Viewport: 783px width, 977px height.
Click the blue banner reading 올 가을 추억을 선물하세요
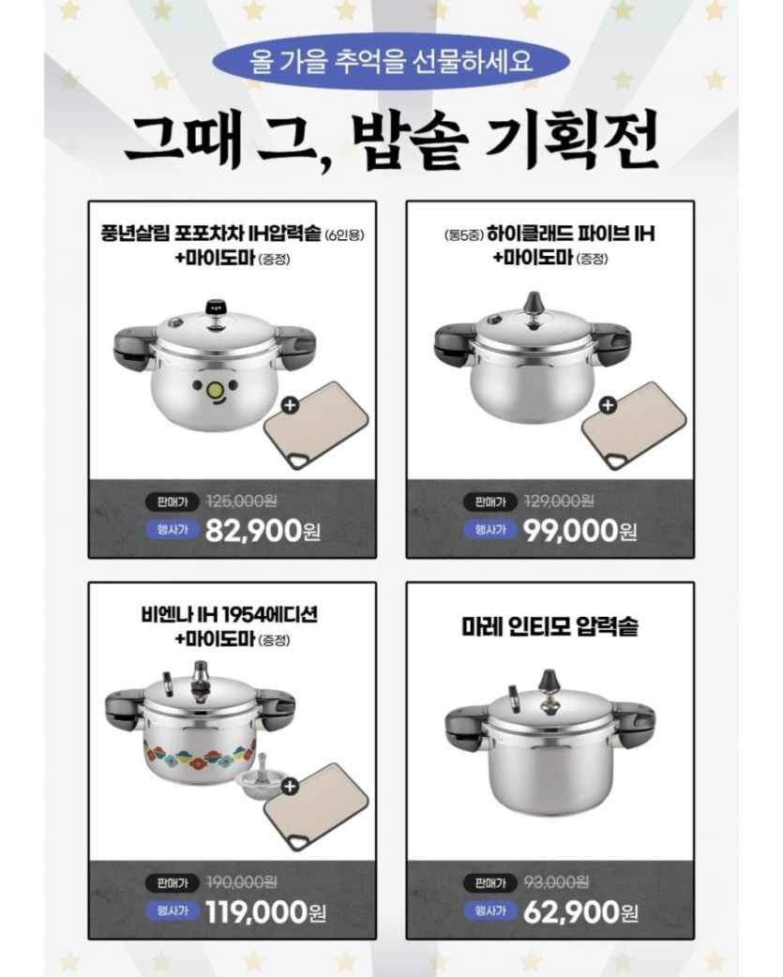coord(391,62)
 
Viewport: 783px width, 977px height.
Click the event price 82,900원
coord(263,531)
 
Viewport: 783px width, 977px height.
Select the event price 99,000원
coord(580,531)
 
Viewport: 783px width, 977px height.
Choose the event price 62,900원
coord(580,912)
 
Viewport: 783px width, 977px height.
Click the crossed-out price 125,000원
coord(241,501)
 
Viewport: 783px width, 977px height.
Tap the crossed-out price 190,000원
coord(241,882)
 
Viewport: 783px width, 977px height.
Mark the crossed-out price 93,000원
coord(556,882)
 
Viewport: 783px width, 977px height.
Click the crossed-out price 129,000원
coord(559,501)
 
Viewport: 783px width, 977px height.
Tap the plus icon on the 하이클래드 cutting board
coord(608,405)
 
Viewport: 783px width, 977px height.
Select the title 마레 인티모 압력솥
coord(550,626)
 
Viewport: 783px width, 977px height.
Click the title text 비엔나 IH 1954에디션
coord(229,615)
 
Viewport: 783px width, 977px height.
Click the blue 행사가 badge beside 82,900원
coord(173,531)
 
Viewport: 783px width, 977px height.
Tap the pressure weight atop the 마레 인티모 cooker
coord(550,682)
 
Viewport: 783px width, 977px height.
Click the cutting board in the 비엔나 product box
coord(316,807)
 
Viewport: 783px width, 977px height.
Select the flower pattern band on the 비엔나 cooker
coord(200,754)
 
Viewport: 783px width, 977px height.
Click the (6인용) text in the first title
coord(344,235)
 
